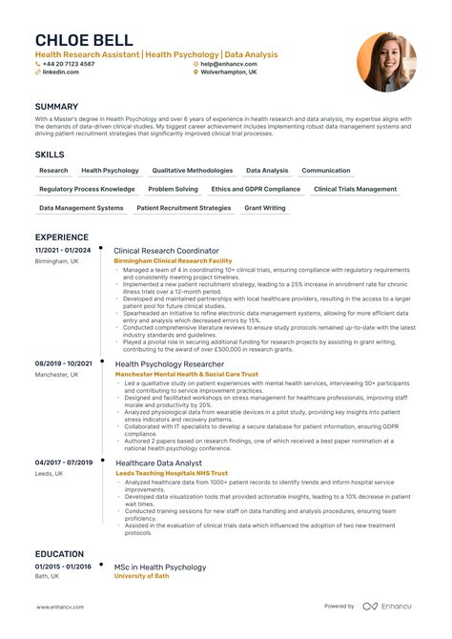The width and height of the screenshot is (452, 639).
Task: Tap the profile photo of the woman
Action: pyautogui.click(x=386, y=63)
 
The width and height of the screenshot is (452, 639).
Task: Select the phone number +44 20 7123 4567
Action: pyautogui.click(x=68, y=64)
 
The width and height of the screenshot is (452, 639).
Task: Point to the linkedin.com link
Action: pyautogui.click(x=61, y=72)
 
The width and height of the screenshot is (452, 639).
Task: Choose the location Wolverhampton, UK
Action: pyautogui.click(x=229, y=72)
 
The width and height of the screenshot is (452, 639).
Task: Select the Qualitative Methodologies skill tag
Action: pyautogui.click(x=193, y=171)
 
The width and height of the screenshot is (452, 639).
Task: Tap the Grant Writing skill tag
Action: pyautogui.click(x=264, y=208)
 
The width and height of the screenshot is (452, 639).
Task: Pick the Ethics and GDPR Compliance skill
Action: pyautogui.click(x=256, y=189)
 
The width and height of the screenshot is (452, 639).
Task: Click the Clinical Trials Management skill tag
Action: pyautogui.click(x=355, y=189)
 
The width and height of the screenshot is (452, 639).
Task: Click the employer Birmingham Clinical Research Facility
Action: pyautogui.click(x=173, y=260)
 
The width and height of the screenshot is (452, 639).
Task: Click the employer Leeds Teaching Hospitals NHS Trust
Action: pyautogui.click(x=172, y=473)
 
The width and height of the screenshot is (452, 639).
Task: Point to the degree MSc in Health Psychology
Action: pyautogui.click(x=160, y=567)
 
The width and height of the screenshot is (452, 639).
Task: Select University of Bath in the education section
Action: pyautogui.click(x=143, y=577)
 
